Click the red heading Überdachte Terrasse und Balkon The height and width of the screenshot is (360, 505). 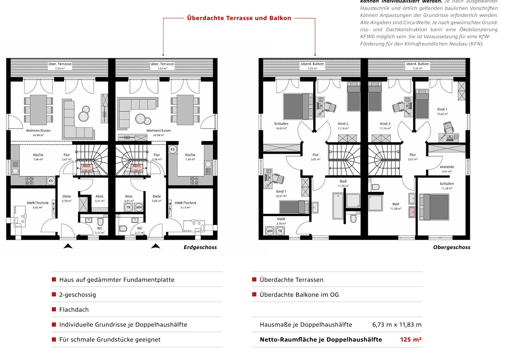239,18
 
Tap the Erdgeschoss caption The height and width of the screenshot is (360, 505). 200,247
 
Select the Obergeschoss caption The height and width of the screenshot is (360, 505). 451,247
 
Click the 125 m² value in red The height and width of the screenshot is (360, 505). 411,340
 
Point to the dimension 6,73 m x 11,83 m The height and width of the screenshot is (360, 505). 397,325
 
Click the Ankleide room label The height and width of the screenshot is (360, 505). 446,169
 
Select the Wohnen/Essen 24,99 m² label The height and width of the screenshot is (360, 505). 38,132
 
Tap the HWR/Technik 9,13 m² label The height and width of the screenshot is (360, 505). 185,204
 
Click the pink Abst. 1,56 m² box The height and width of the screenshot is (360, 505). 86,168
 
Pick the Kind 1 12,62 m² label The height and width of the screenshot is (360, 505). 442,111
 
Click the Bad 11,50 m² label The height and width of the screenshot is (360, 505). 396,206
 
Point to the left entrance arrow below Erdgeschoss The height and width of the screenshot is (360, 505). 68,246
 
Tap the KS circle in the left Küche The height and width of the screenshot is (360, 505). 51,181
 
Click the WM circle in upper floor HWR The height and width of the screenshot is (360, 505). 270,231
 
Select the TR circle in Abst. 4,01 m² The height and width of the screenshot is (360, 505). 128,207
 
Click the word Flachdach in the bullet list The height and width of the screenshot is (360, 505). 74,310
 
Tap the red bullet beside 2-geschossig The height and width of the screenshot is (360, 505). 54,294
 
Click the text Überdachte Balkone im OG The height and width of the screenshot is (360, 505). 299,295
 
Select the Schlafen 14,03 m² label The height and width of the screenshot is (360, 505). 281,126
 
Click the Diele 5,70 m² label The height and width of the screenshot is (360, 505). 67,198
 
